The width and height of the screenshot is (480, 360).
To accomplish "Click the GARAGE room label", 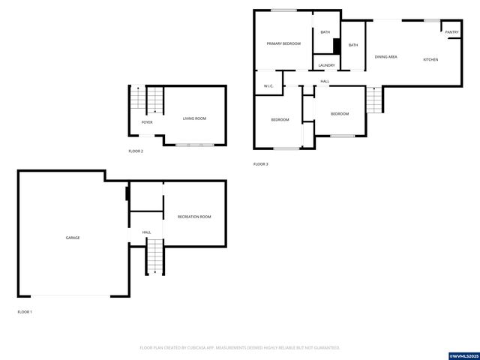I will (x=73, y=238).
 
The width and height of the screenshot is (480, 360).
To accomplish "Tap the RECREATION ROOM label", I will (x=194, y=217).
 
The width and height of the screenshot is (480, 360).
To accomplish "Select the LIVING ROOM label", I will (x=194, y=118).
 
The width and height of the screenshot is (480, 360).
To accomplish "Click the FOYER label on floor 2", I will (x=147, y=122).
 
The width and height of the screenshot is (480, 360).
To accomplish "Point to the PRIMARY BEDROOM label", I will (x=283, y=43).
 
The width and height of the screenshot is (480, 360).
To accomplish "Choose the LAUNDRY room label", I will (x=326, y=65).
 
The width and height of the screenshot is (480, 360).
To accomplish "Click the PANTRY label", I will (x=451, y=32).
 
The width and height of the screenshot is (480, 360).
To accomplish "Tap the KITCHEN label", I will (x=430, y=59).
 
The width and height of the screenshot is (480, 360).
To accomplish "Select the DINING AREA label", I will (x=386, y=57).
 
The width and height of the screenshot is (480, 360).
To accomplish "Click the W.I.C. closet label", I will (x=268, y=86).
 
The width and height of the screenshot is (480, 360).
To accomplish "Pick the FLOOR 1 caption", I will (x=25, y=311).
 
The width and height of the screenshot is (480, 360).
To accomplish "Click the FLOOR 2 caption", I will (x=136, y=151).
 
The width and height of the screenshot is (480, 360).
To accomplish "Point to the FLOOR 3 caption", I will (x=260, y=163).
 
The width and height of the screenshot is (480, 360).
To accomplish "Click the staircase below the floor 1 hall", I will (x=154, y=257).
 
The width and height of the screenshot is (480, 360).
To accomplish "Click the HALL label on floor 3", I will (x=325, y=81).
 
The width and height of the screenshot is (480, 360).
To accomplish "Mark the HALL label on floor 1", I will (x=147, y=232).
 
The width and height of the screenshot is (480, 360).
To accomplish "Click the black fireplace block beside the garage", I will (x=127, y=193).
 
